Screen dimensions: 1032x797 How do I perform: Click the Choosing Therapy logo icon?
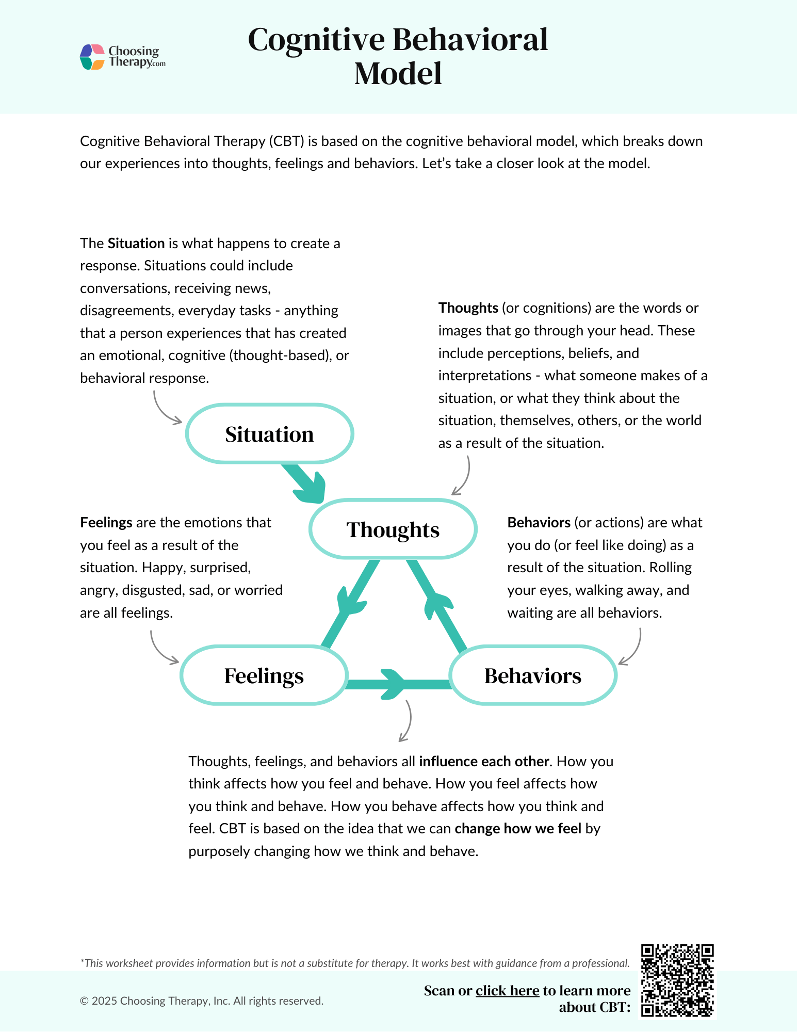[x=93, y=57]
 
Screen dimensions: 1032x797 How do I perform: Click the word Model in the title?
[x=398, y=73]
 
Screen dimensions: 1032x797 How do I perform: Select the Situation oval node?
[x=269, y=434]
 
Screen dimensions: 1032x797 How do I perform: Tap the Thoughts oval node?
[x=393, y=529]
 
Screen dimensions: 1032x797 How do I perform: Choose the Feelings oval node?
[x=264, y=675]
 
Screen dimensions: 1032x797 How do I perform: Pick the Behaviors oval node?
[x=533, y=675]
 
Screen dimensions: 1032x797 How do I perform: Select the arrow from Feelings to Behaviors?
[x=395, y=685]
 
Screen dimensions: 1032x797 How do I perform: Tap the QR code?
[x=677, y=980]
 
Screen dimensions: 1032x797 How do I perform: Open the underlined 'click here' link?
[x=507, y=991]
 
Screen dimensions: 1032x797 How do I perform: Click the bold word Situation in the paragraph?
[x=136, y=243]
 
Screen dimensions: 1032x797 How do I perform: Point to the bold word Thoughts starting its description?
[x=468, y=308]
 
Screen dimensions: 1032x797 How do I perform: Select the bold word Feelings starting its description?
[x=106, y=523]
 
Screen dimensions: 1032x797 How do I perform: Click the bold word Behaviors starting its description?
[x=539, y=523]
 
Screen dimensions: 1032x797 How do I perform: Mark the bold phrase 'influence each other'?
[x=483, y=762]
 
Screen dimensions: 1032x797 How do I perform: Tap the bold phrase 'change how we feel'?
[x=517, y=829]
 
